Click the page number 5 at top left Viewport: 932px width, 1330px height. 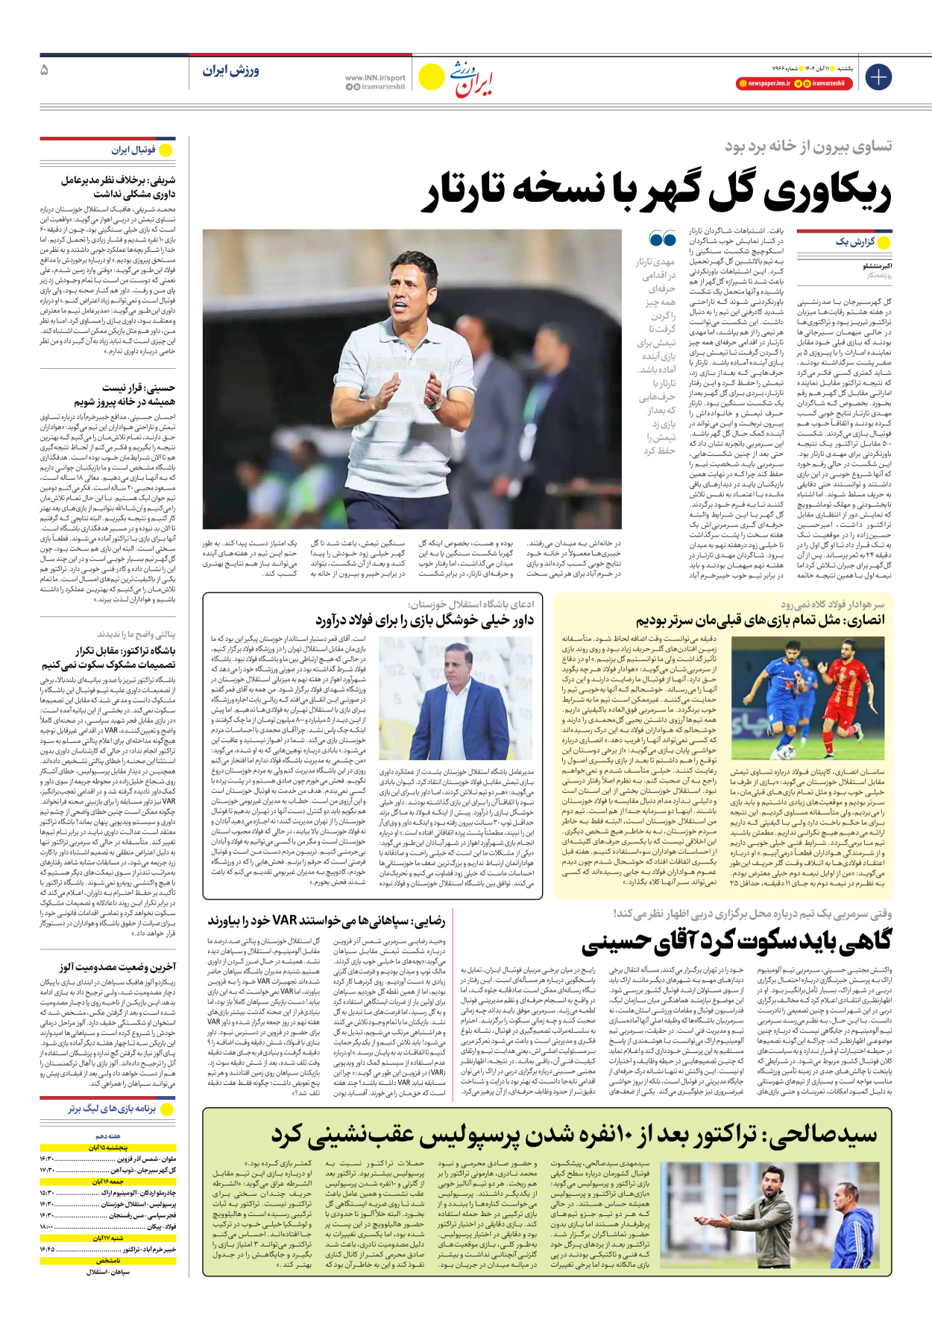point(44,70)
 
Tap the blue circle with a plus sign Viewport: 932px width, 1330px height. point(878,76)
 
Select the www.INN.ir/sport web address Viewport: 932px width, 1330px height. point(375,77)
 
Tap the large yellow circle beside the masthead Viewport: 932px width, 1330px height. point(431,77)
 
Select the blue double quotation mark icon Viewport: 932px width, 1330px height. point(662,239)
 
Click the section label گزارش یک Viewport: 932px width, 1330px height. point(854,242)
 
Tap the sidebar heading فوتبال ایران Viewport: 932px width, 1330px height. point(133,150)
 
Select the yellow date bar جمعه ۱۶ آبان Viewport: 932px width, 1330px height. point(108,1182)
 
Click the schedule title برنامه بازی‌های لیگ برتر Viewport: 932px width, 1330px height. point(112,1109)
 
